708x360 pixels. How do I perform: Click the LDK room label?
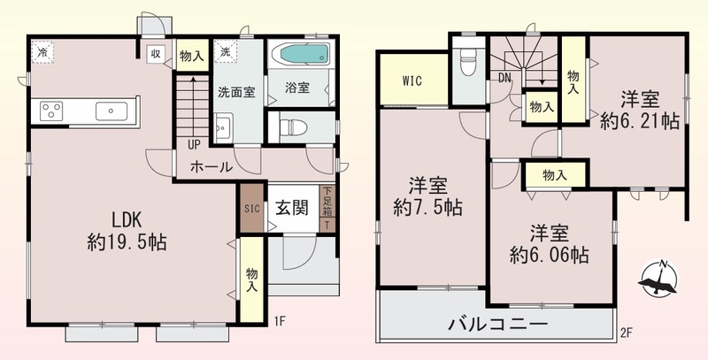[127, 220]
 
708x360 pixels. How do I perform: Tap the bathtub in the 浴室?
[303, 54]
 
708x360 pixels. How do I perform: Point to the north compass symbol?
[659, 279]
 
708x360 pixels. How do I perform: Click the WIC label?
[412, 81]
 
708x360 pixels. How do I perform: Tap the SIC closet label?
[252, 209]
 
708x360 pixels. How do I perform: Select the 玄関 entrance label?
[292, 209]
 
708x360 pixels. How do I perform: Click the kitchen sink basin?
[112, 111]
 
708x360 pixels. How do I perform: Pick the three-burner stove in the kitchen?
[51, 111]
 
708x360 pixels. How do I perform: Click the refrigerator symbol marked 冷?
[42, 51]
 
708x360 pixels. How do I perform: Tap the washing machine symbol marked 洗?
[225, 51]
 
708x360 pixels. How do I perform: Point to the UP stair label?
[194, 145]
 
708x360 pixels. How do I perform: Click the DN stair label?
[504, 78]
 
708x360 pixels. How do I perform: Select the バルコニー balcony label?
[497, 324]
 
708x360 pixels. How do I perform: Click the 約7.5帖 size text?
[427, 209]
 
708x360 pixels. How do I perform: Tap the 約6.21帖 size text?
[640, 121]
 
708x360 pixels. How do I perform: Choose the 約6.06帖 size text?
[550, 256]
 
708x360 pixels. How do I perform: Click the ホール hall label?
[212, 167]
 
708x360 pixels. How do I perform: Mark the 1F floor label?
[280, 321]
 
